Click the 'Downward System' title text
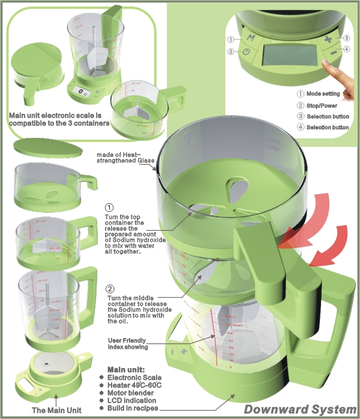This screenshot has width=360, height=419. pyautogui.click(x=300, y=409)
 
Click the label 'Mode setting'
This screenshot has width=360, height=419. pyautogui.click(x=323, y=94)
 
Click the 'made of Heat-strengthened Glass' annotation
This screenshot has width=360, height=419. pyautogui.click(x=126, y=157)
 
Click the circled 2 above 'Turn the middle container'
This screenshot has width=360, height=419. pyautogui.click(x=109, y=288)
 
